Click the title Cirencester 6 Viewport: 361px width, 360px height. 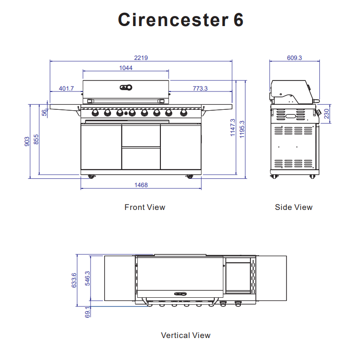point(180,20)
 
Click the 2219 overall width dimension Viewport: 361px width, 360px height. point(141,58)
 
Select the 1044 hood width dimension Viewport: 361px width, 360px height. point(126,68)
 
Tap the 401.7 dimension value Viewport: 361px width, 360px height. point(66,88)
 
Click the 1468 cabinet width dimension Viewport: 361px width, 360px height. point(141,185)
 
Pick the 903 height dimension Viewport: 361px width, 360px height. point(27,141)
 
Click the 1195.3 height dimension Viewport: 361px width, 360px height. point(242,129)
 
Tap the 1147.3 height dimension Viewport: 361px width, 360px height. point(233,128)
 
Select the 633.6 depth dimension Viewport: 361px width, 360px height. point(74,280)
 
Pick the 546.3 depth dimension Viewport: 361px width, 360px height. point(87,279)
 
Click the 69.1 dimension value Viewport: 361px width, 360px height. point(87,312)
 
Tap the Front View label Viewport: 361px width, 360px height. point(144,207)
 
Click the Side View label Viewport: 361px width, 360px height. point(293,207)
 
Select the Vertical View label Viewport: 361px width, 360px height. point(186,335)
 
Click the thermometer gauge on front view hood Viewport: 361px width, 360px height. point(126,87)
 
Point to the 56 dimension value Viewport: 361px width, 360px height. point(44,112)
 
